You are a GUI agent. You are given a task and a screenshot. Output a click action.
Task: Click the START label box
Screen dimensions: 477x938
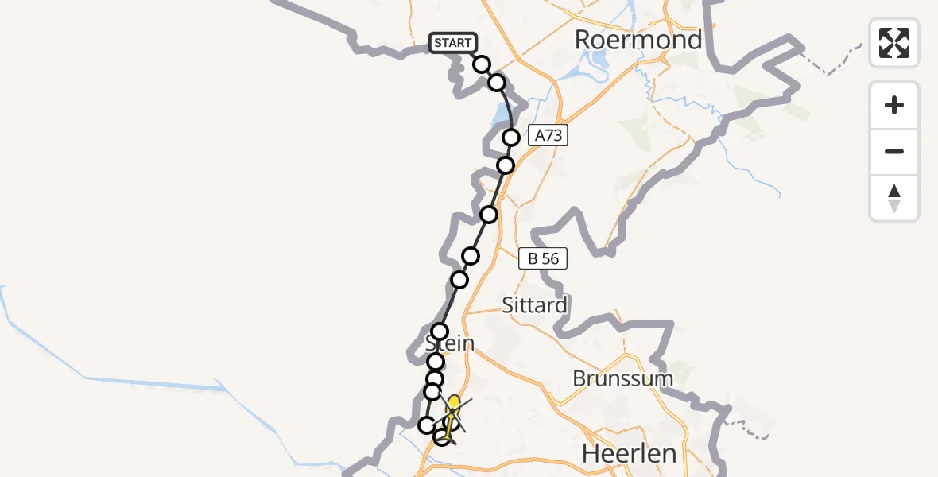point(452,43)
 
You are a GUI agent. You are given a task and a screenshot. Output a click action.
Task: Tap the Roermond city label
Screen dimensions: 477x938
point(638,40)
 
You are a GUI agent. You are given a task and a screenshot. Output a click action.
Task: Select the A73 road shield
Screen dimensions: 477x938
point(548,136)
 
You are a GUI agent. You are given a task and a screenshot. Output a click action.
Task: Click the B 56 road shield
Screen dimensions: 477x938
point(543,258)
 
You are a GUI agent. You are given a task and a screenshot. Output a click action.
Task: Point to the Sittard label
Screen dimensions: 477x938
point(535,304)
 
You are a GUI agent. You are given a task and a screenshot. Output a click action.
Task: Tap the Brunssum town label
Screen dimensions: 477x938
point(622,378)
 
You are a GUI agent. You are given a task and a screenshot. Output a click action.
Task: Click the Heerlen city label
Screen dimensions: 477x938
point(630,454)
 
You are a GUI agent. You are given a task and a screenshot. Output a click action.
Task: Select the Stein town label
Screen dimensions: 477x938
point(449,344)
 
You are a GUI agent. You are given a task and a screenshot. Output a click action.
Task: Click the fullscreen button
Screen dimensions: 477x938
point(894,43)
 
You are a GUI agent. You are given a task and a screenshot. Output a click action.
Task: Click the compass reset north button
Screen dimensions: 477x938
point(894,198)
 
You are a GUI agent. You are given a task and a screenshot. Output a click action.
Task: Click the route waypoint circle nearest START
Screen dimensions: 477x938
point(482,64)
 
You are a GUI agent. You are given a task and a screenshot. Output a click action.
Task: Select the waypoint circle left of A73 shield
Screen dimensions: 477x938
point(511,138)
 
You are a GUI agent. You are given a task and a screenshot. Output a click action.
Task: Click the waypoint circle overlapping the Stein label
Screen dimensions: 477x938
point(440,332)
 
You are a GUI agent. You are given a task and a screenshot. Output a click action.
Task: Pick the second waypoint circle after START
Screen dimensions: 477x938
point(497,83)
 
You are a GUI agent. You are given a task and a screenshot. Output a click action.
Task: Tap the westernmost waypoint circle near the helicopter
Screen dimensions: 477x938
point(427,425)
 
